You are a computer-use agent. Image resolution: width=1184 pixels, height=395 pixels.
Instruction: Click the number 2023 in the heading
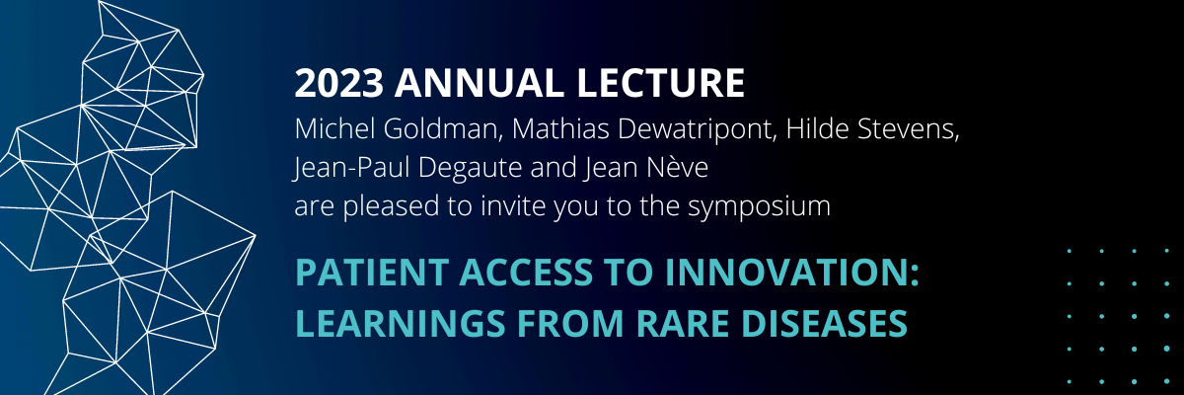pos(338,83)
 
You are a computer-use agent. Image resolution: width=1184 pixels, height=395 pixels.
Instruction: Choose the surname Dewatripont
pos(698,130)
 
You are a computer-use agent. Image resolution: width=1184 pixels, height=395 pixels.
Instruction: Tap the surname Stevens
pos(908,129)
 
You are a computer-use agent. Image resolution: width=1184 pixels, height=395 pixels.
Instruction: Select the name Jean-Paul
pos(352,168)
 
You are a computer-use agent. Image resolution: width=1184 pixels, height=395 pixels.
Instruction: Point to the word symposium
pos(759,207)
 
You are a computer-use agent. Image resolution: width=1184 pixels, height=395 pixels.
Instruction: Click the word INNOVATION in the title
pos(789,273)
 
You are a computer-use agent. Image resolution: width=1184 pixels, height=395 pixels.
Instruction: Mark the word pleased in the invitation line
pos(391,207)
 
